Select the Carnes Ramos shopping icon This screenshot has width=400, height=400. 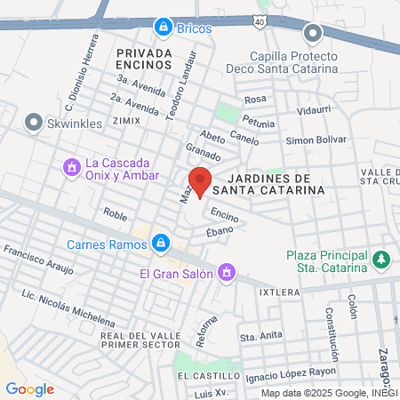161,242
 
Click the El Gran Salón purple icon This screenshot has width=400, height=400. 227,272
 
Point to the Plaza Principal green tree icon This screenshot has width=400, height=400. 381,260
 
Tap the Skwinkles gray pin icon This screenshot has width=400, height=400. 34,121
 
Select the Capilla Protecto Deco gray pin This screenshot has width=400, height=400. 312,35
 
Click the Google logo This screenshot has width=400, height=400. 29,388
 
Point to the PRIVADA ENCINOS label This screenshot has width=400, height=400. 143,59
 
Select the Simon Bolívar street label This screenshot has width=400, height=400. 316,141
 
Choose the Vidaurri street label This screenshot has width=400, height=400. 314,110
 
